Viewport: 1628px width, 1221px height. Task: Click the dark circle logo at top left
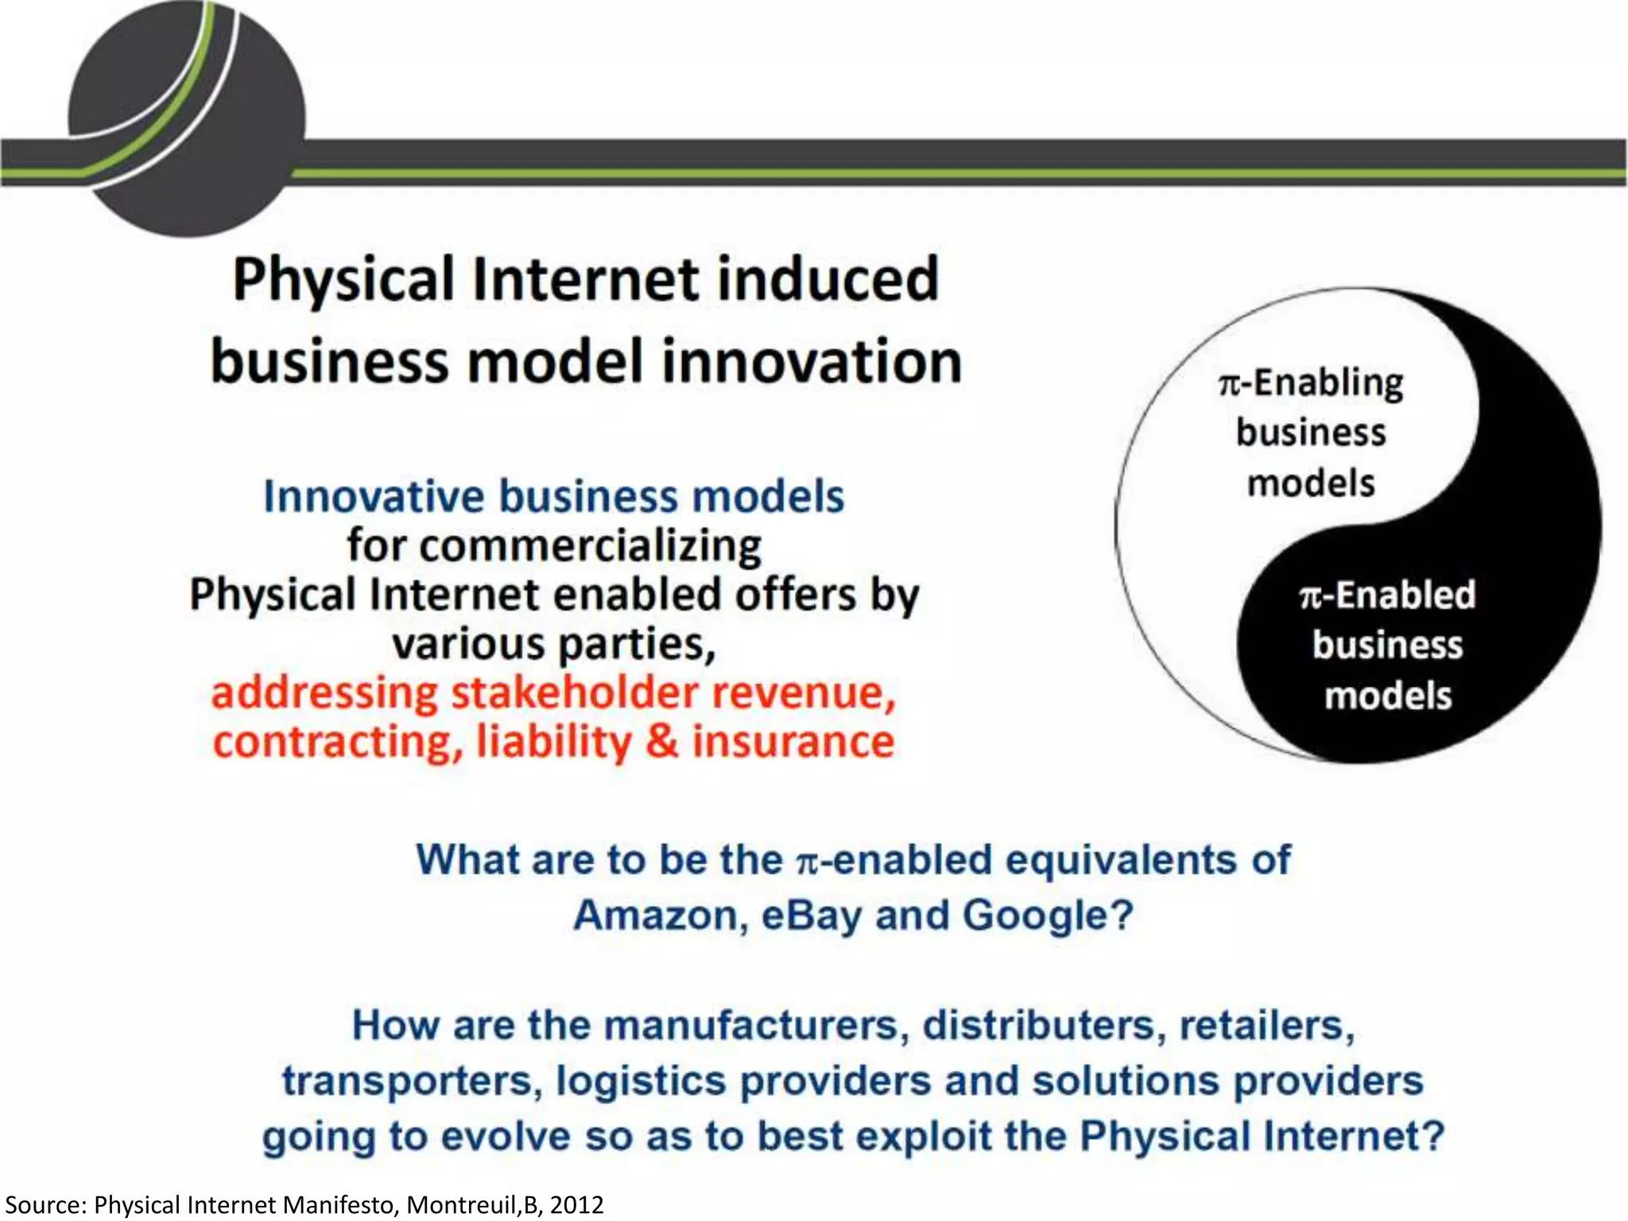tap(187, 119)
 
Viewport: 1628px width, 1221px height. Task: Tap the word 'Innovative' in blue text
tap(374, 497)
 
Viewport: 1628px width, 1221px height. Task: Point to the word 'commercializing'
tap(554, 546)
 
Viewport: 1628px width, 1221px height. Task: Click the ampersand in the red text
tap(661, 742)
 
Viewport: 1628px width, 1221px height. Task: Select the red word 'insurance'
tap(793, 742)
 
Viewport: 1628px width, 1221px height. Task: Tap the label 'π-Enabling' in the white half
tap(1311, 383)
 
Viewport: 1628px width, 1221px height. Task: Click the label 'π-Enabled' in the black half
tap(1387, 595)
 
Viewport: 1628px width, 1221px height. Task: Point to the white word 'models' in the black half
tap(1388, 696)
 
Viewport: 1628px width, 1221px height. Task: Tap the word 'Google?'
tap(1048, 916)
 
